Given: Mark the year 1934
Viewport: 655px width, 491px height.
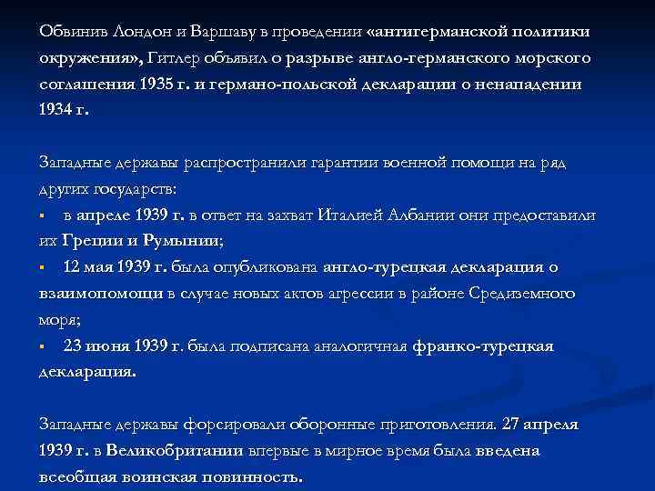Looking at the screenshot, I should (x=57, y=110).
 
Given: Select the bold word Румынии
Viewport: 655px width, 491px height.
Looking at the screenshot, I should (x=181, y=242).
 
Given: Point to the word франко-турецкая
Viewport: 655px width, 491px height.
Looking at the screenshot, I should (x=482, y=346).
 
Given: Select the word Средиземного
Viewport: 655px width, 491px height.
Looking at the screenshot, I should (x=521, y=294).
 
